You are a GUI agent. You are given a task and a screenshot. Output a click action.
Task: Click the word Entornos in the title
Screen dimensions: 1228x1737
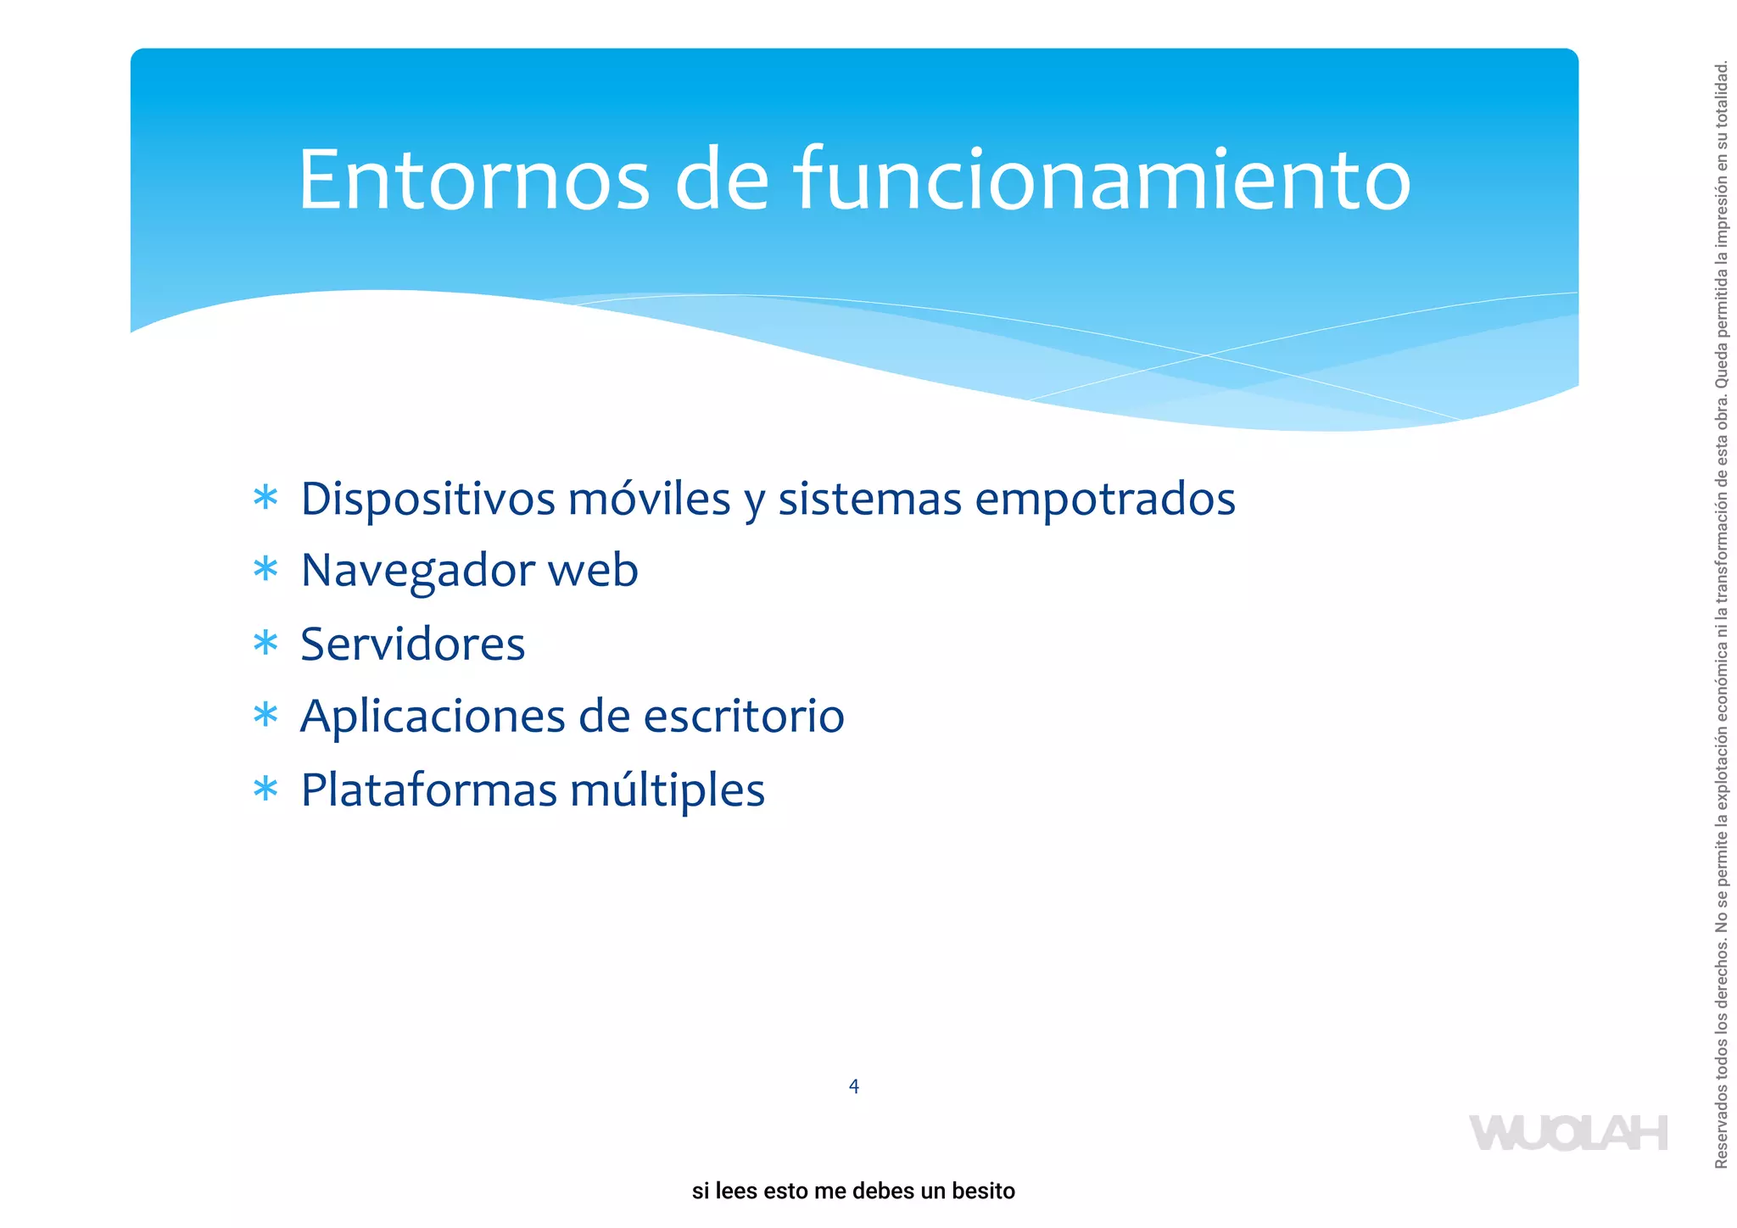pos(473,180)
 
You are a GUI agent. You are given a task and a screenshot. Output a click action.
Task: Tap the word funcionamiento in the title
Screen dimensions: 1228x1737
pos(1102,180)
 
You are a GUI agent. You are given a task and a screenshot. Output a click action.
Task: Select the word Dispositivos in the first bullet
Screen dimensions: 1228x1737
pos(428,499)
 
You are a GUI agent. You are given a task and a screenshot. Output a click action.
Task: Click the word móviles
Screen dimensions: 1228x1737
pos(649,499)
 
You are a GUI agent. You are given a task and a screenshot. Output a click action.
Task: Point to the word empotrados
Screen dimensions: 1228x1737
pos(1104,499)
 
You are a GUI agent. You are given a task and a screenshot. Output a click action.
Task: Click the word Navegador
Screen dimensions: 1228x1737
pos(417,570)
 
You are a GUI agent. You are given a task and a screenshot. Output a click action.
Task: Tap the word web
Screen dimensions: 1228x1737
pos(593,570)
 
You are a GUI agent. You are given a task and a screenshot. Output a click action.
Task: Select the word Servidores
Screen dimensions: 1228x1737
pos(413,644)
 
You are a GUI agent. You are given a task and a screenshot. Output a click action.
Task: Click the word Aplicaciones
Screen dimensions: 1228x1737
pos(433,717)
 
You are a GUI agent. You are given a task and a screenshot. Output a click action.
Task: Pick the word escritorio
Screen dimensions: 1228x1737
pos(744,717)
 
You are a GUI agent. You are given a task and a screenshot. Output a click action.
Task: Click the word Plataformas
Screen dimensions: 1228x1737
pos(428,790)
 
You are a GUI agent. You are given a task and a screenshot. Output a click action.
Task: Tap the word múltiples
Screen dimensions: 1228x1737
pos(667,790)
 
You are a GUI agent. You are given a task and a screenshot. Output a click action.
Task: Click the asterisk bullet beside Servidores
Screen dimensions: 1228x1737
pos(265,643)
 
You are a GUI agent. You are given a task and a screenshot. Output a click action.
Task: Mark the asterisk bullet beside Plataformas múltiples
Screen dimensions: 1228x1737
pos(265,789)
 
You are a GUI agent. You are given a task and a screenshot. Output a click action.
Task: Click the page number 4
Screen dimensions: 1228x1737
pos(854,1086)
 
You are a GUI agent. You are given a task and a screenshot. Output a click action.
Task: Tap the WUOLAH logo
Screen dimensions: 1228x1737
pos(1568,1133)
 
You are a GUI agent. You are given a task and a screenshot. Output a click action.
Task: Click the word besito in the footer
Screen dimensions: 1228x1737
pos(983,1191)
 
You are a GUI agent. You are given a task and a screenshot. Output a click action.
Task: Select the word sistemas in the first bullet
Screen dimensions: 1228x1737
pos(869,499)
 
